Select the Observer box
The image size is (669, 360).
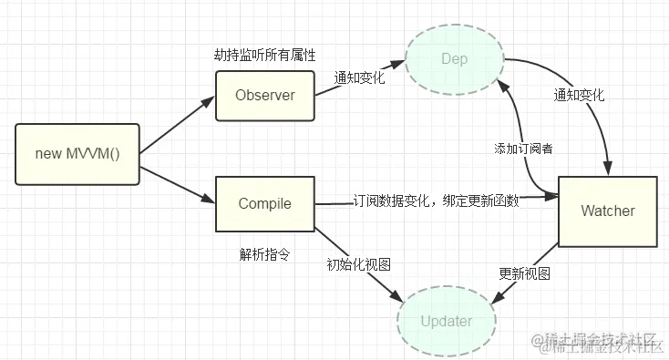click(x=265, y=95)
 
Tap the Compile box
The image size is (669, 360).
click(x=265, y=203)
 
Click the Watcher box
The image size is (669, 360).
click(x=608, y=211)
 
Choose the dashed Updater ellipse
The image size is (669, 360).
click(x=447, y=321)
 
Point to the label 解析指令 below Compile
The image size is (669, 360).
click(x=264, y=252)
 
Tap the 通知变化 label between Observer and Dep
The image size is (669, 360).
click(x=359, y=77)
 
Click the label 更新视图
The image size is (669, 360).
click(x=526, y=273)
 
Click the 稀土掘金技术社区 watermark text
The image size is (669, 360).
click(x=602, y=342)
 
